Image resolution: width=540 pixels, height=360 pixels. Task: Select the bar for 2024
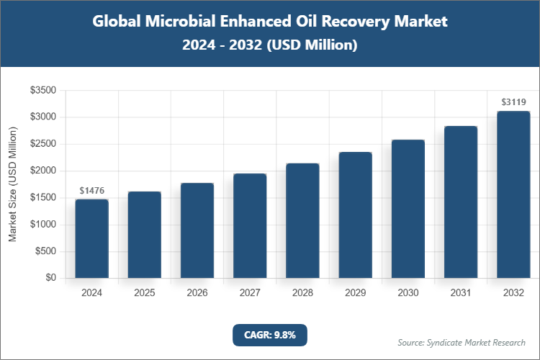(x=91, y=238)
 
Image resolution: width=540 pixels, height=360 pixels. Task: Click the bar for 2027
(x=250, y=225)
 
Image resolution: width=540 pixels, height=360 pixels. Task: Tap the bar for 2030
(x=408, y=209)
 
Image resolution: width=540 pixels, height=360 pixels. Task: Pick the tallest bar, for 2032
(x=513, y=194)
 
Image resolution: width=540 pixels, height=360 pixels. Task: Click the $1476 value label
(x=91, y=191)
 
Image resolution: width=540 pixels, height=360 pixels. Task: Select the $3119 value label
(x=513, y=102)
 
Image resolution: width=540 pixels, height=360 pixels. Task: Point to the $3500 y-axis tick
(x=42, y=90)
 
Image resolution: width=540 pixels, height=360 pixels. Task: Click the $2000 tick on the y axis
(x=42, y=171)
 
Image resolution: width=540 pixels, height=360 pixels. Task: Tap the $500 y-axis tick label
(x=45, y=251)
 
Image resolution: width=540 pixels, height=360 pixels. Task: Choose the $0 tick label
(x=50, y=278)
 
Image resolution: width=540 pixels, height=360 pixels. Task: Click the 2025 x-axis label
(x=144, y=293)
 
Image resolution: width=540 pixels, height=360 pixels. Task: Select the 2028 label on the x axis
(x=302, y=293)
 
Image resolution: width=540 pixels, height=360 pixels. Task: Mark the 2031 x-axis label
(x=461, y=293)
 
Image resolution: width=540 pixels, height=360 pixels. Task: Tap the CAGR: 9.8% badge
(x=270, y=334)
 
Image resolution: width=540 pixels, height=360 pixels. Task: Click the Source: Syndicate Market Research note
(x=462, y=342)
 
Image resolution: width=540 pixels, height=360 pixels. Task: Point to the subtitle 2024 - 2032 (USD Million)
(x=270, y=45)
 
